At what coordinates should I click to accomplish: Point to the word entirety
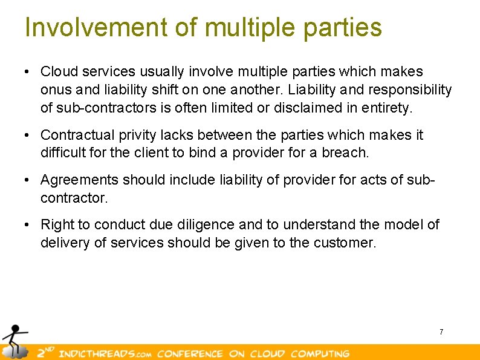[x=388, y=108]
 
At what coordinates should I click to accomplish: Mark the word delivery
[x=63, y=243]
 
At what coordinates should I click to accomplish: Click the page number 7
[x=441, y=332]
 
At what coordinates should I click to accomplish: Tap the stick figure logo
[x=13, y=341]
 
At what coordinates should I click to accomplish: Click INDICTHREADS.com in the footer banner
[x=103, y=353]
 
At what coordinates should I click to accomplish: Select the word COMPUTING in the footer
[x=320, y=353]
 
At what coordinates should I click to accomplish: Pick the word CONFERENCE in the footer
[x=190, y=353]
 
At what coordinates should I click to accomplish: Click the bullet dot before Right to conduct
[x=27, y=225]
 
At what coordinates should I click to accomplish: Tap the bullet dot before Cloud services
[x=27, y=72]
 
